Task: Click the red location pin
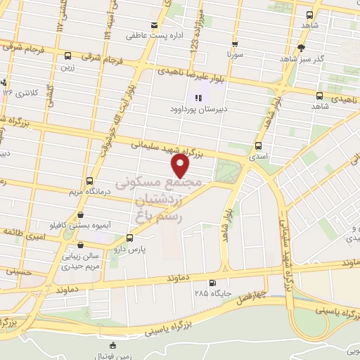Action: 181,165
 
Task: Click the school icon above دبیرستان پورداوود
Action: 198,98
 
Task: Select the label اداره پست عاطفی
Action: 150,34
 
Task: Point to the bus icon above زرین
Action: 67,56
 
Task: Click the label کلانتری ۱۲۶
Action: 18,92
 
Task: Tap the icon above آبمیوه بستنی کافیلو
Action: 80,215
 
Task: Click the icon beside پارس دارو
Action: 128,238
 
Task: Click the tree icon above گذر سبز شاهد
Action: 302,48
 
